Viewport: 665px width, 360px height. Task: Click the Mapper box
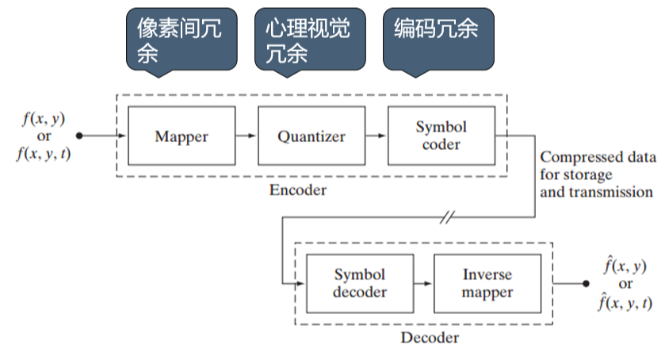point(182,136)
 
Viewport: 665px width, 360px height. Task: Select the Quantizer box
point(311,136)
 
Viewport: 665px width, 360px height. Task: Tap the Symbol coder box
point(441,136)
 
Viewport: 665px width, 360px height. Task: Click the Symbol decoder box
point(359,284)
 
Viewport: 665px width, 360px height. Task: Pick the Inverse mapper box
point(487,284)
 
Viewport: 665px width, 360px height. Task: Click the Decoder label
point(429,338)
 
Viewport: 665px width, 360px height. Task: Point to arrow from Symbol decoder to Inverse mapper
point(422,284)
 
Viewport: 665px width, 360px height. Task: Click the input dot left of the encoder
point(79,136)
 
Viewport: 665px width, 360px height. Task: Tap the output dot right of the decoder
point(586,284)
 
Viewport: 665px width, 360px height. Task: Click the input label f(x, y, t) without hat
point(44,154)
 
